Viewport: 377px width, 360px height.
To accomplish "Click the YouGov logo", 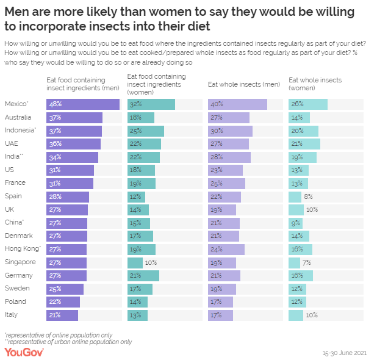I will click(24, 352).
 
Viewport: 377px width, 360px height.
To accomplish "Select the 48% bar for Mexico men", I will click(82, 104).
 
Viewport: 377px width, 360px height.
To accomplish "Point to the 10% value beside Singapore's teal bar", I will click(151, 262).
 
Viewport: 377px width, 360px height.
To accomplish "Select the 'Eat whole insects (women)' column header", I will click(315, 84).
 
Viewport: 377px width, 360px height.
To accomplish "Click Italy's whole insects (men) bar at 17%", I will click(220, 315).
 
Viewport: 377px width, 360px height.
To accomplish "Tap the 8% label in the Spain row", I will click(308, 196).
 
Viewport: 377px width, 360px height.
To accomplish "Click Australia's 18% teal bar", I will click(141, 117).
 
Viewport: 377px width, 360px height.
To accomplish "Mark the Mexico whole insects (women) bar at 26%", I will click(307, 104).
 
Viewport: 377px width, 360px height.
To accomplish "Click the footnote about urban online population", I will click(68, 342).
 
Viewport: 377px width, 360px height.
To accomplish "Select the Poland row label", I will click(15, 301).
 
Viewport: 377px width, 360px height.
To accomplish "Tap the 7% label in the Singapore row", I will click(307, 262).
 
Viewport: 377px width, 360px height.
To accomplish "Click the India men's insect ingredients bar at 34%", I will click(72, 157).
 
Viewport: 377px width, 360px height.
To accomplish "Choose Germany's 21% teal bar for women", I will click(143, 276).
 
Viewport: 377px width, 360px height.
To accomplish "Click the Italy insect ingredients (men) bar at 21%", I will click(62, 315).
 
